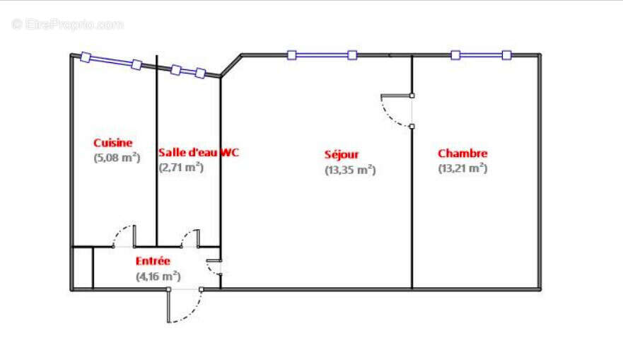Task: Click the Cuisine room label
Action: [x=113, y=143]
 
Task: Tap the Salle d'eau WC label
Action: [x=199, y=152]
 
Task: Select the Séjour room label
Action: [x=342, y=155]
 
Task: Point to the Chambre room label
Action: [x=462, y=153]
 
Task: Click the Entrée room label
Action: [x=153, y=261]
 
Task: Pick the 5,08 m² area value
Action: [x=117, y=158]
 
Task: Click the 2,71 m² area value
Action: [x=181, y=168]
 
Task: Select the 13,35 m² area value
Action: [x=350, y=170]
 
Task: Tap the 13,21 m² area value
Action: [x=463, y=168]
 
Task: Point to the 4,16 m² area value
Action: [x=158, y=276]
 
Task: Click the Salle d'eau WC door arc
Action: [x=187, y=234]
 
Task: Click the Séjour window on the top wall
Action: [x=322, y=55]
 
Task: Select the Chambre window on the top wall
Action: [x=481, y=55]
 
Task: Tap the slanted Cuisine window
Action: [x=111, y=61]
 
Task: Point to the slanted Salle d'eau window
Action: [x=188, y=71]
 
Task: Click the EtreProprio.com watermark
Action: [x=68, y=25]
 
